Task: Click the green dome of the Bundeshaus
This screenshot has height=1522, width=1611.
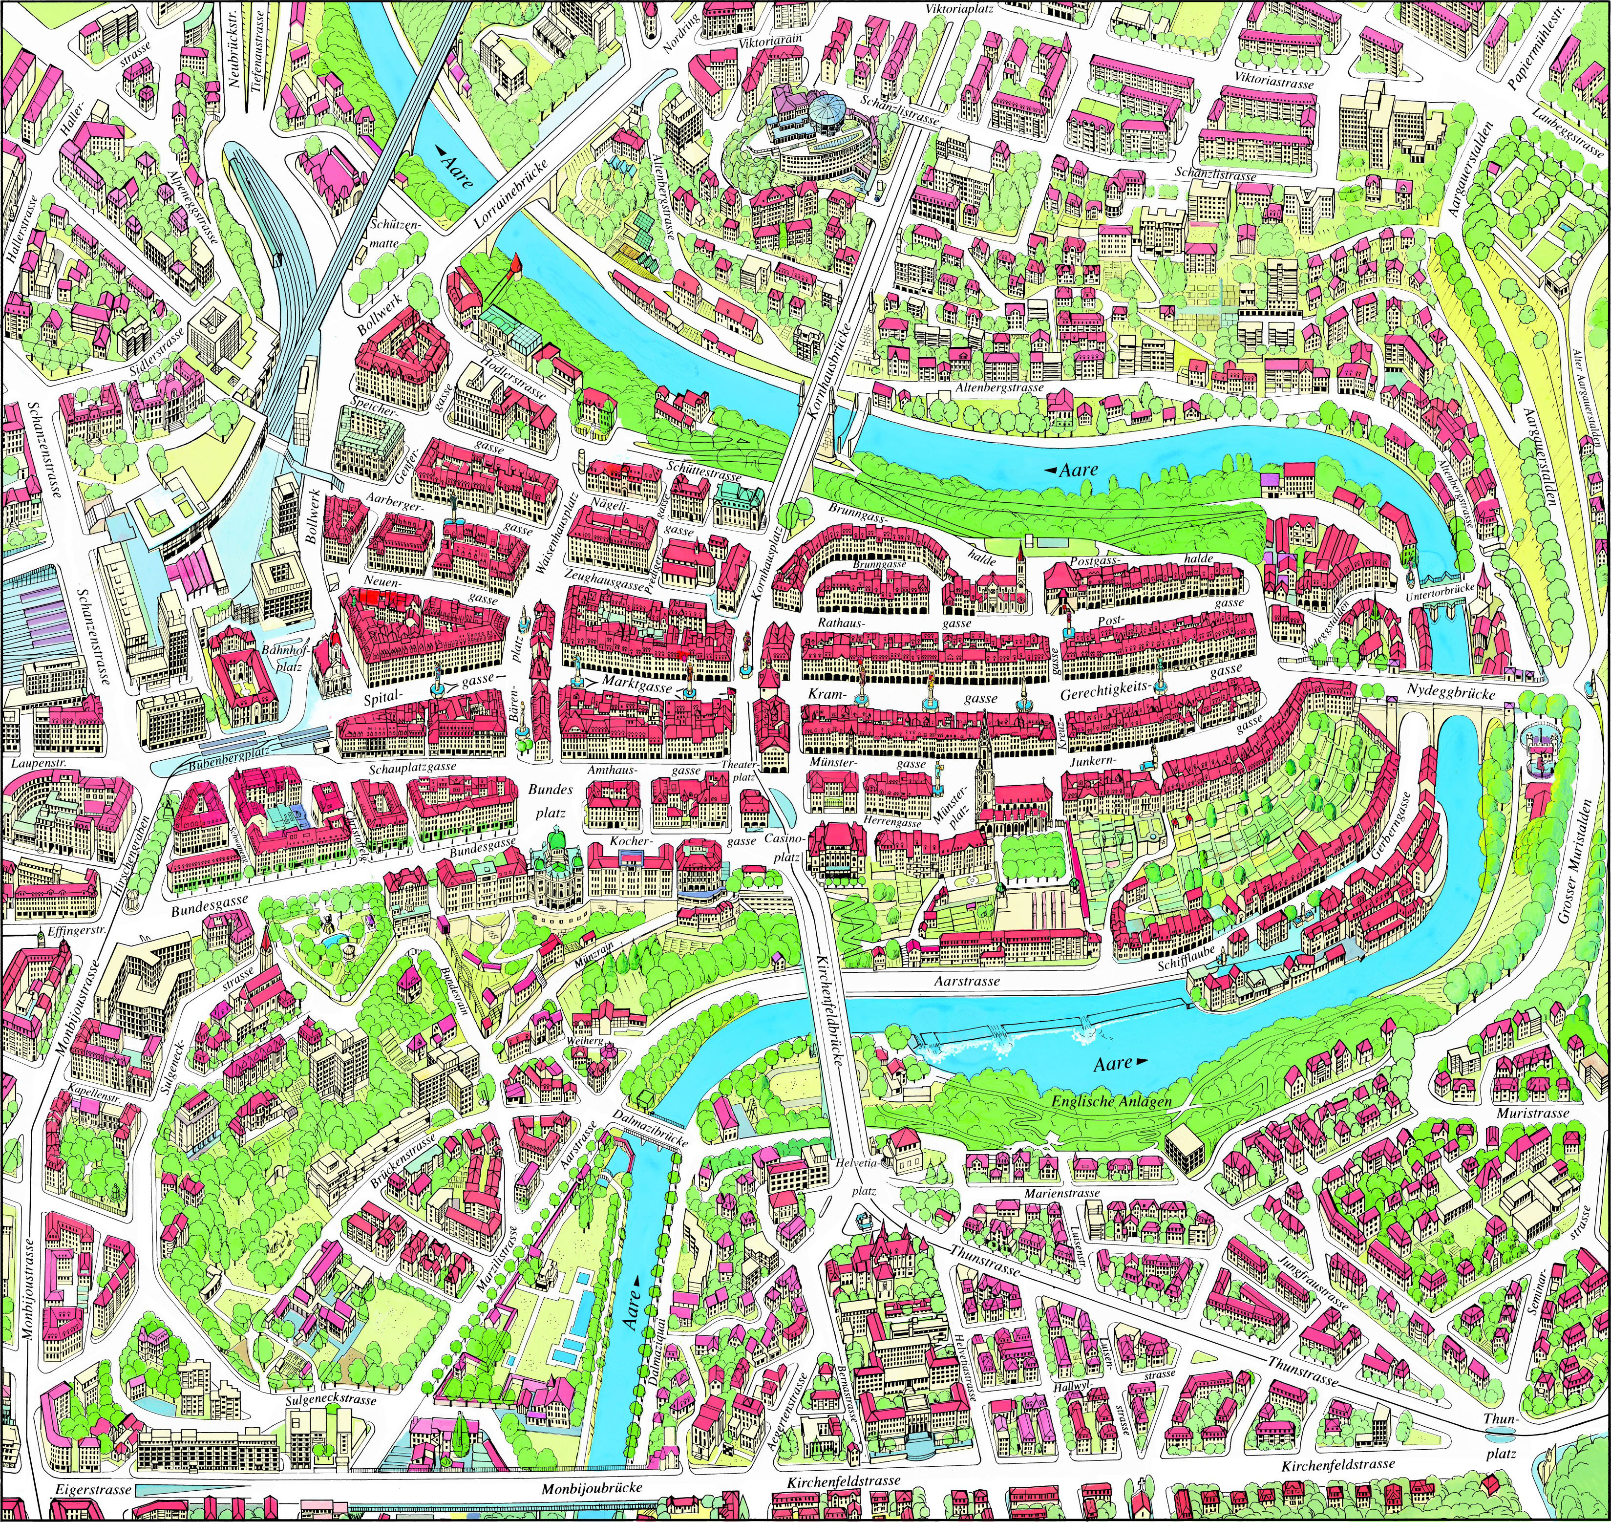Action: [x=556, y=836]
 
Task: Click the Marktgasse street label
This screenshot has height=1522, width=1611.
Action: [x=637, y=686]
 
